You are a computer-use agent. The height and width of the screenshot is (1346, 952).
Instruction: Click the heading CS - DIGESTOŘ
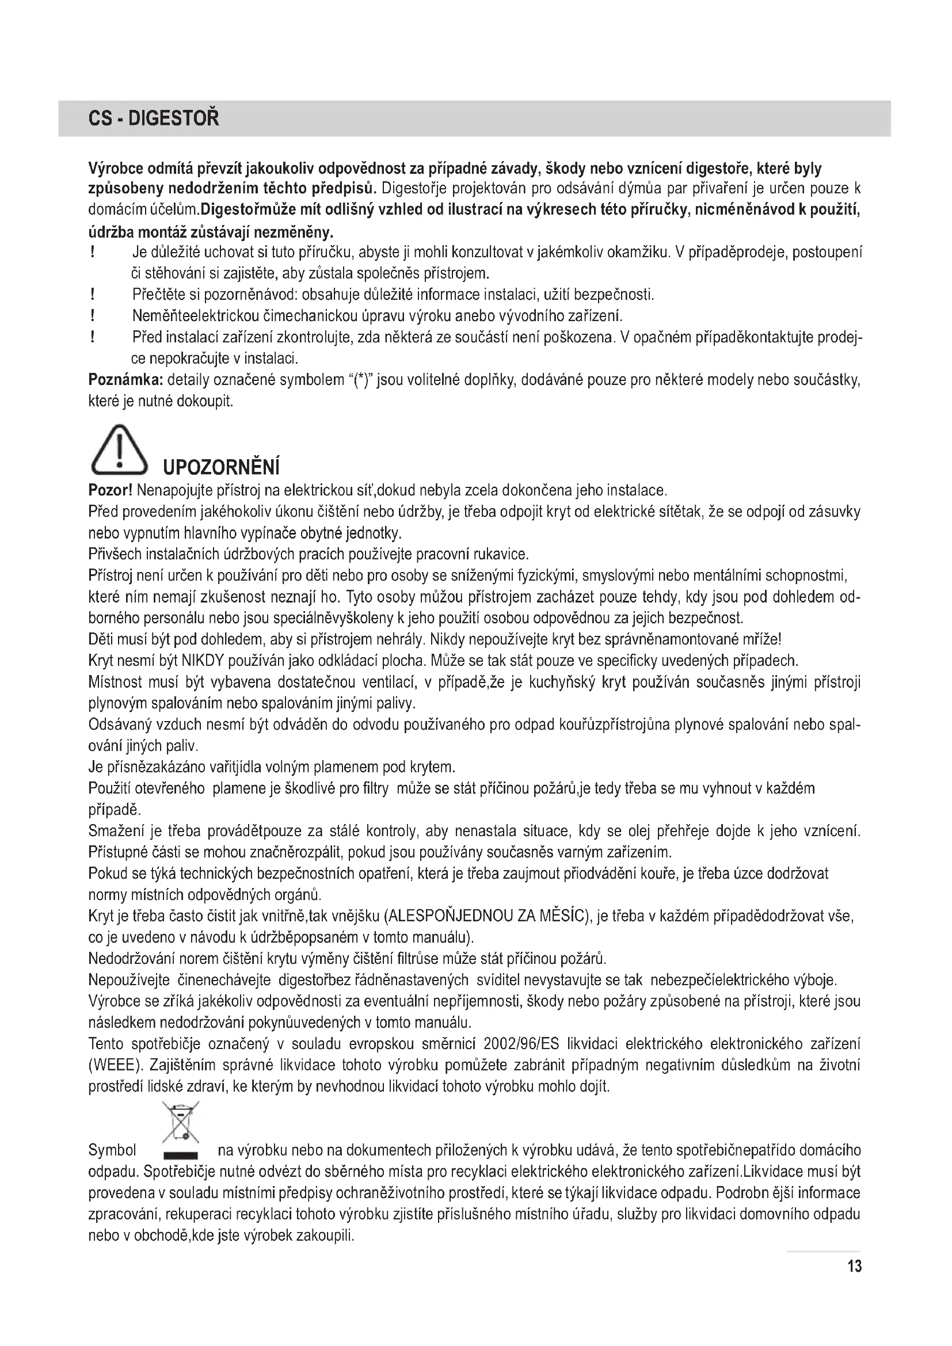coord(154,119)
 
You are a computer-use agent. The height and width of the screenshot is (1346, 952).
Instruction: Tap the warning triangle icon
coord(119,450)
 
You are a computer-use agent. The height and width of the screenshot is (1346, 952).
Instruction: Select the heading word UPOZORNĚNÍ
coord(220,468)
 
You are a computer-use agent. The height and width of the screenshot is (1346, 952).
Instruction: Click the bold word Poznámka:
coord(125,380)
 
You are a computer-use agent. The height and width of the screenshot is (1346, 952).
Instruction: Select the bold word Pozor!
coord(110,490)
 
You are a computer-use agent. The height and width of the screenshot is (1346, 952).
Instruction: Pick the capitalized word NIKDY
coord(203,661)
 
